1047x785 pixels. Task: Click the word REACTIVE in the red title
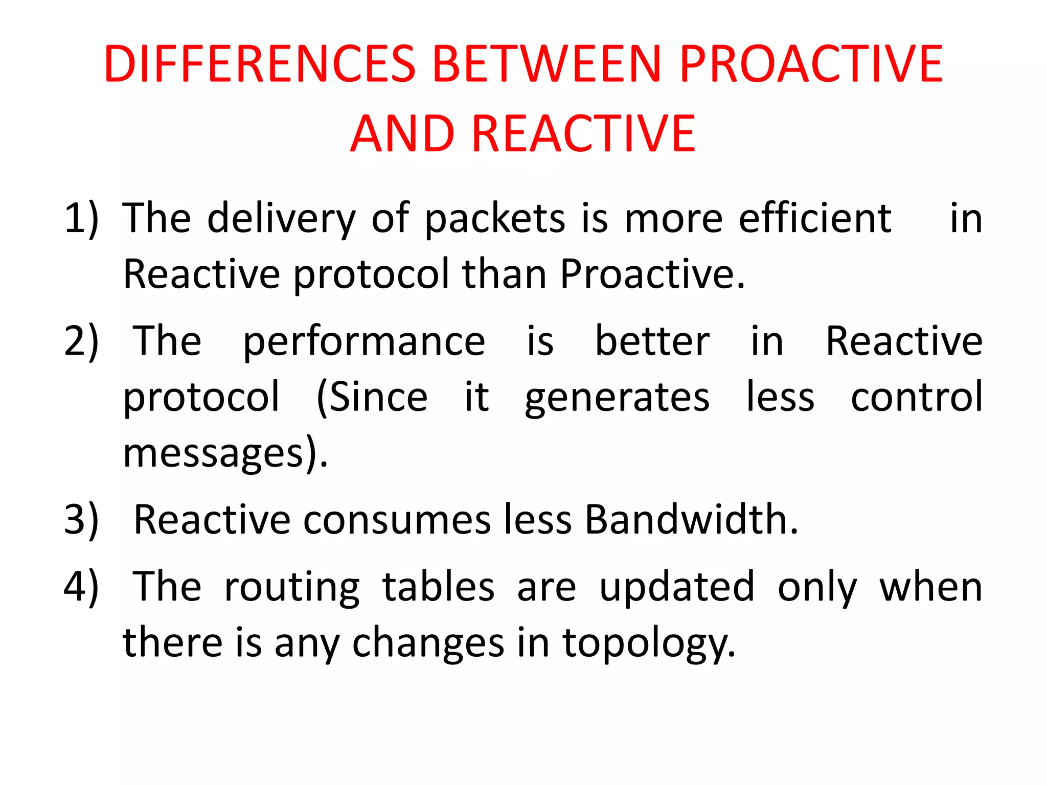[x=583, y=134]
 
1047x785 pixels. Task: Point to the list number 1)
[x=81, y=219]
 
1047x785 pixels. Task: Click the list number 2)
[x=81, y=341]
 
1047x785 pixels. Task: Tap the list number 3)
[x=81, y=520]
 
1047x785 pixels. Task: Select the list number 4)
[x=81, y=587]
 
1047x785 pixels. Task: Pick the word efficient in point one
[x=815, y=219]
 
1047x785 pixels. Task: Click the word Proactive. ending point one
[x=652, y=274]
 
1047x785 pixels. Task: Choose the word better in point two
[x=652, y=341]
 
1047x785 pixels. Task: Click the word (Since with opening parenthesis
[x=372, y=398]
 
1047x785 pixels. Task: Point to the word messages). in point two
[x=225, y=454]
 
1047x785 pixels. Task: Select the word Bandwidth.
[x=691, y=520]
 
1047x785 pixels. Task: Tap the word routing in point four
[x=292, y=588]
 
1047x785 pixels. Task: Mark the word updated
[x=676, y=588]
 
